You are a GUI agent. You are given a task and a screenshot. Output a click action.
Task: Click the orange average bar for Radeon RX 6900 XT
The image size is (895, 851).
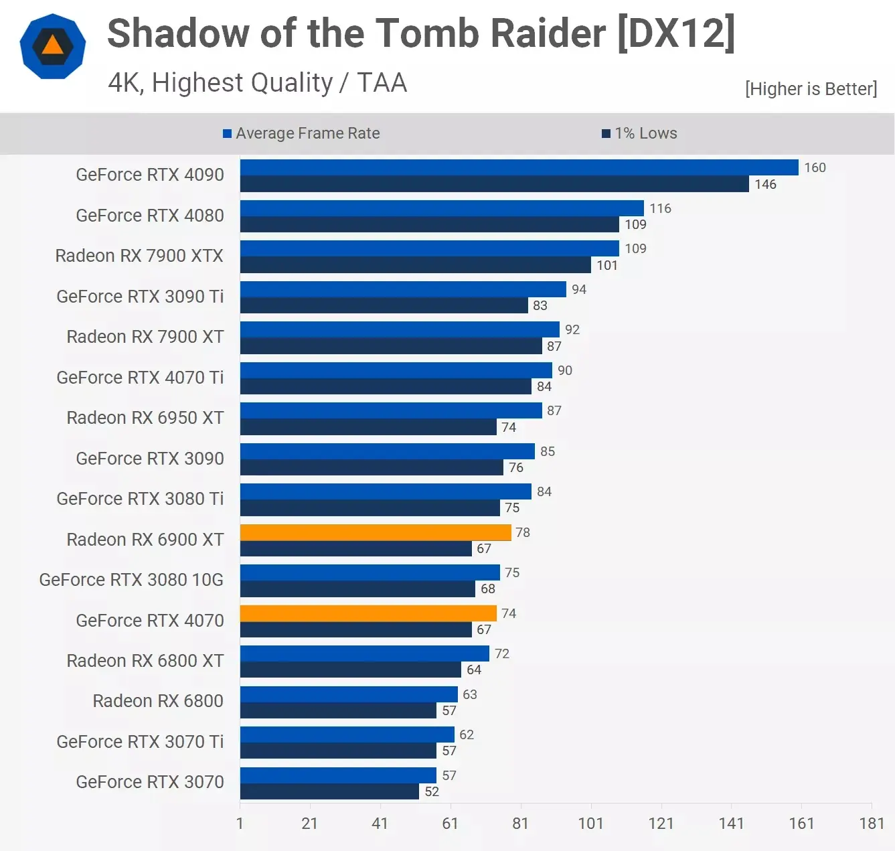click(376, 532)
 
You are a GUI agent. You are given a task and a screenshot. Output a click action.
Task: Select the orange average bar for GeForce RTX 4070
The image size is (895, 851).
click(368, 613)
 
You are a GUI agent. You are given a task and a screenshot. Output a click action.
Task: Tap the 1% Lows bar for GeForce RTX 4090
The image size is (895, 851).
click(494, 184)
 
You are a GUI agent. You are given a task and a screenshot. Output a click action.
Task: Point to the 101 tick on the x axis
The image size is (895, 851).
click(590, 823)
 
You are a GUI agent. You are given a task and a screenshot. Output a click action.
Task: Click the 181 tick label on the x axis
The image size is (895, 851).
click(872, 823)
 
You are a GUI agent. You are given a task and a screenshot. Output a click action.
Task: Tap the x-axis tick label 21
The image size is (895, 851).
click(310, 823)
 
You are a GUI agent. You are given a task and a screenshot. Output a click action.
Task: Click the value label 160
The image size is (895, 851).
click(815, 167)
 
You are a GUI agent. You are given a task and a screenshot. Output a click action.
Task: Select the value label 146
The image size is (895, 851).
click(765, 184)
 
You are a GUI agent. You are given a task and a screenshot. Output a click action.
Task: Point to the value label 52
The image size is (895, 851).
click(432, 791)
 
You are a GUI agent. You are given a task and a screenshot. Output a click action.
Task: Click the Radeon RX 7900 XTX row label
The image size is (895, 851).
click(139, 256)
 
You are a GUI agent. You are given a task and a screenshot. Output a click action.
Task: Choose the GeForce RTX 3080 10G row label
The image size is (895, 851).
click(131, 580)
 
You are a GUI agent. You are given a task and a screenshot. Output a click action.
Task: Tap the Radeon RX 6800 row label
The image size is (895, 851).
click(158, 701)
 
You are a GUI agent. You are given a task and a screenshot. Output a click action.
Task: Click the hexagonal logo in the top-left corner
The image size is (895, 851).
click(53, 46)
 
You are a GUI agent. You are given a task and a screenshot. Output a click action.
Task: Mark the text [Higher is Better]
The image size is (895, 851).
click(811, 89)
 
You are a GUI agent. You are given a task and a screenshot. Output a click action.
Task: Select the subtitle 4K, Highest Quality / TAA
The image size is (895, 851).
click(258, 83)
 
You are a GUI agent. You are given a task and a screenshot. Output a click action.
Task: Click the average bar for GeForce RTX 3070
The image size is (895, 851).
click(338, 775)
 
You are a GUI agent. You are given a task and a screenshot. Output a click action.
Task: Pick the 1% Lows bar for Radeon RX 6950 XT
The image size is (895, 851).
click(368, 427)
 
